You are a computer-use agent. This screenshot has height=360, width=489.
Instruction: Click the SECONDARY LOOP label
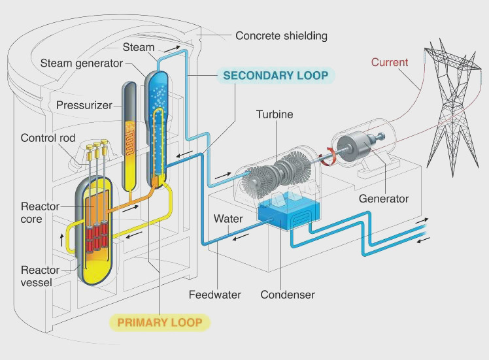[275, 75]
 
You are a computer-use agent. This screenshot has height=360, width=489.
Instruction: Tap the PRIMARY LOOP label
[160, 322]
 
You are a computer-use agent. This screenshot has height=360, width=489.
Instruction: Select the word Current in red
[390, 63]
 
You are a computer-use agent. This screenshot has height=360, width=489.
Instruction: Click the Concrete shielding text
[281, 35]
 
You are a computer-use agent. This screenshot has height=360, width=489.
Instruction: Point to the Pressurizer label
[84, 105]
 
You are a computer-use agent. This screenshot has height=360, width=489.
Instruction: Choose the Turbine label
[275, 115]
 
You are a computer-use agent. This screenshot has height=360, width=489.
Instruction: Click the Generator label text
[383, 199]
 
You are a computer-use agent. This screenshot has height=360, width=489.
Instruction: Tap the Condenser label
[288, 295]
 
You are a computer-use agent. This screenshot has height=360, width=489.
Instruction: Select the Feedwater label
[214, 295]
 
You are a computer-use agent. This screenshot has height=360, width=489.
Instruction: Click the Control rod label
[48, 138]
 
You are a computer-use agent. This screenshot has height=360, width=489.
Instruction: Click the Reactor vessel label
[41, 276]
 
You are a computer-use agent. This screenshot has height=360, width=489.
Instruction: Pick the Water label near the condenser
[228, 218]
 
